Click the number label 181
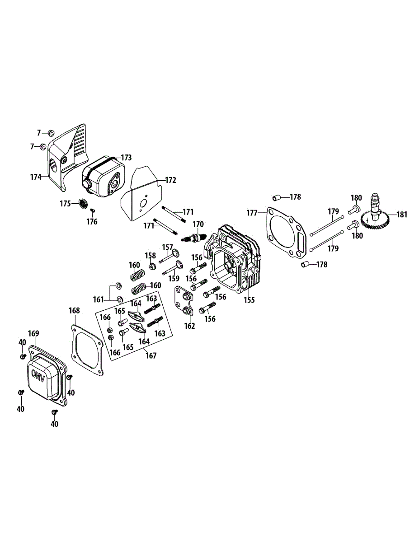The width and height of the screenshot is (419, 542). pos(402,215)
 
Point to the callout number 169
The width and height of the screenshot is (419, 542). pos(34,334)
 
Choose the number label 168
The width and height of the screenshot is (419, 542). pos(74,311)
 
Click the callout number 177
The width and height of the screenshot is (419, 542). pos(252,213)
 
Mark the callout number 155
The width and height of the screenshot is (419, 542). pos(250,299)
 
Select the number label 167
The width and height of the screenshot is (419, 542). pos(151,356)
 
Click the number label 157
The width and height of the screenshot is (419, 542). pos(168,247)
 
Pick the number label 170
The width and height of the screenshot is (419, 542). pos(198,224)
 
